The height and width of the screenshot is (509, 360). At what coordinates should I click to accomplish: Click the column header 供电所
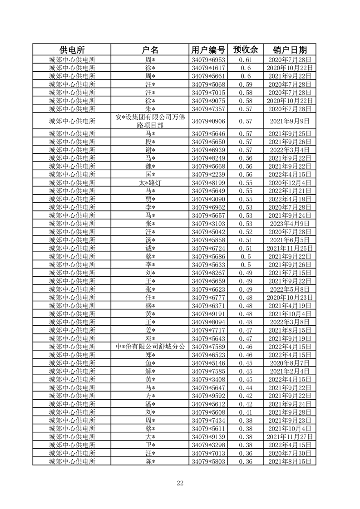pyautogui.click(x=72, y=50)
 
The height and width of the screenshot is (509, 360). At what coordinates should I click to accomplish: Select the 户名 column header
pyautogui.click(x=150, y=50)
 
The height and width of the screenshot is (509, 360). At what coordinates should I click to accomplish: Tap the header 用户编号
pyautogui.click(x=208, y=50)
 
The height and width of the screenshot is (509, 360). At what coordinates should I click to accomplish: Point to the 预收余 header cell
pyautogui.click(x=245, y=50)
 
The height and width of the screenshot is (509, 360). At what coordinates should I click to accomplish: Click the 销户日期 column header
pyautogui.click(x=290, y=50)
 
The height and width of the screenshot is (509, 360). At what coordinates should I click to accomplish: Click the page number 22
pyautogui.click(x=180, y=483)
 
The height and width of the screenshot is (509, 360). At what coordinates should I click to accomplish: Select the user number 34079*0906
pyautogui.click(x=208, y=121)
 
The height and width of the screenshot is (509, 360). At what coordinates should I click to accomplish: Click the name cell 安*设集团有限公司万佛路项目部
pyautogui.click(x=150, y=121)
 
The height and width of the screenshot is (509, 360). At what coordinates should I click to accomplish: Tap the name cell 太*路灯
pyautogui.click(x=150, y=183)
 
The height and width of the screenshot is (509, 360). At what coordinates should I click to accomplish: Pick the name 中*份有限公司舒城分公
pyautogui.click(x=150, y=347)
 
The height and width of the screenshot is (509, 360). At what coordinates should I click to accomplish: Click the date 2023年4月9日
pyautogui.click(x=290, y=224)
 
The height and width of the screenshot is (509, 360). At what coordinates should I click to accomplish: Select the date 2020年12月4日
pyautogui.click(x=290, y=183)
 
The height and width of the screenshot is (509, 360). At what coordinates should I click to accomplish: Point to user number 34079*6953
pyautogui.click(x=208, y=60)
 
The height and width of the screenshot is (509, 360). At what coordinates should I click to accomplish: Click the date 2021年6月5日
pyautogui.click(x=290, y=240)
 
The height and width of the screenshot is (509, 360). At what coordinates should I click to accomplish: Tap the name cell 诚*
pyautogui.click(x=150, y=248)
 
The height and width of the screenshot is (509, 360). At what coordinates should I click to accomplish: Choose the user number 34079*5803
pyautogui.click(x=208, y=461)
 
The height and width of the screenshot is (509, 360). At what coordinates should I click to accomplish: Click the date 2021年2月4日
pyautogui.click(x=290, y=371)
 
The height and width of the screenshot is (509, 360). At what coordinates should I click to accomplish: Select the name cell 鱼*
pyautogui.click(x=150, y=363)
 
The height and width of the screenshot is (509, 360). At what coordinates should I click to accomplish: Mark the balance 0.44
pyautogui.click(x=245, y=387)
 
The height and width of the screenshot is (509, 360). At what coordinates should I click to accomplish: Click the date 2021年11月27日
pyautogui.click(x=290, y=437)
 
